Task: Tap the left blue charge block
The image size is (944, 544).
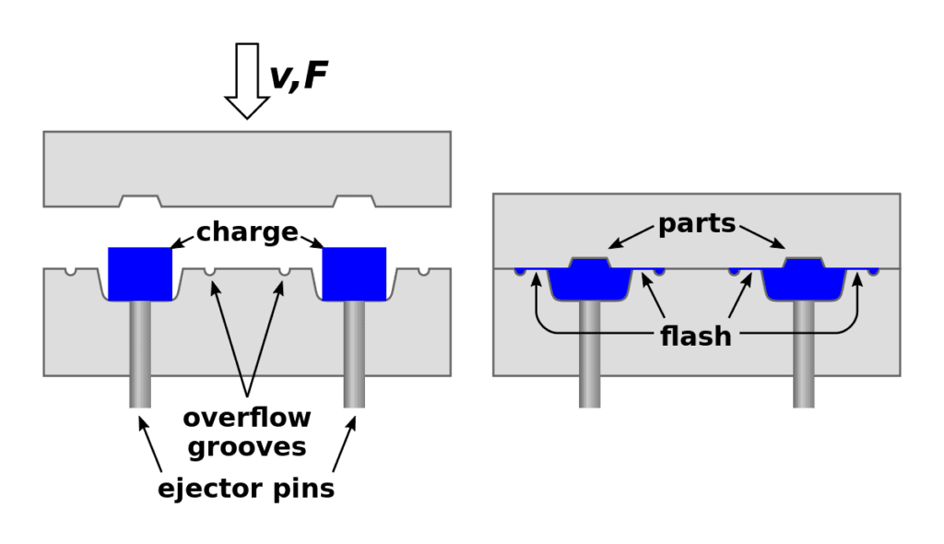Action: pos(140,273)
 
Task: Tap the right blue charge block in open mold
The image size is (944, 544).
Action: pos(354,273)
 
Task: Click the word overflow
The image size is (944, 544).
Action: pos(247,418)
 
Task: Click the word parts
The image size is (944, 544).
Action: pos(696,224)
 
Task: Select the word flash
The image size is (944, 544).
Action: pos(696,336)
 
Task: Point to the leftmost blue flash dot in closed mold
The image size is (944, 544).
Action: pos(521,271)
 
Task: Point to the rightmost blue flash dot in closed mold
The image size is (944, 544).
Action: pos(873,271)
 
